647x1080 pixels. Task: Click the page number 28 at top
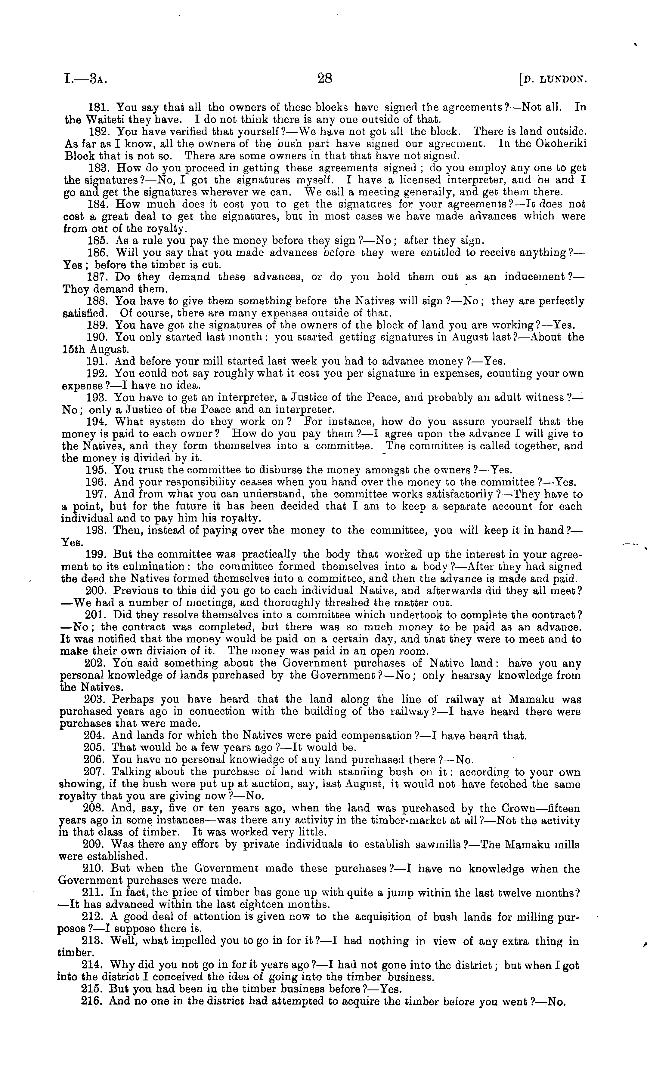325,79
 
